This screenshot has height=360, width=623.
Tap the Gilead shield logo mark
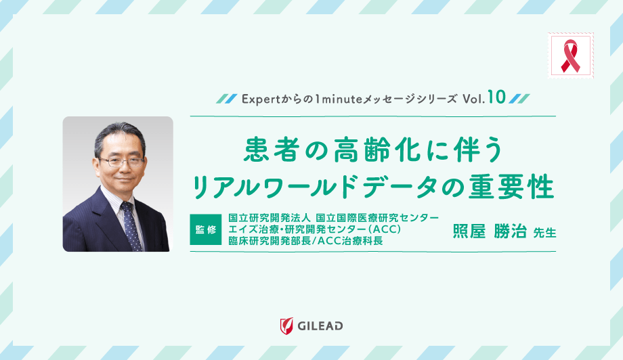click(286, 325)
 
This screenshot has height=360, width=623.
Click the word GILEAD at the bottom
click(320, 326)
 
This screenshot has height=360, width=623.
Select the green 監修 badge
click(206, 229)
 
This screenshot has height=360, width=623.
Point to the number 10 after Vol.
click(496, 97)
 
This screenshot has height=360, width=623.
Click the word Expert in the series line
click(257, 98)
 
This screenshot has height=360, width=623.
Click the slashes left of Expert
click(225, 98)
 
